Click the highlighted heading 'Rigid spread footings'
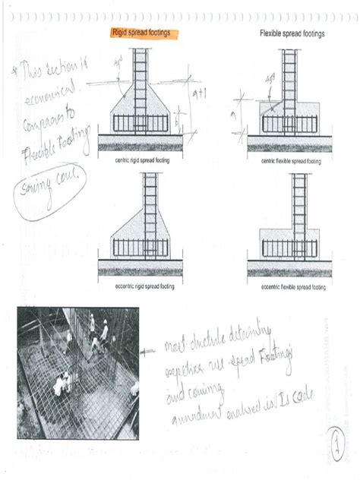pyautogui.click(x=141, y=34)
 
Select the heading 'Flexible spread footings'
pyautogui.click(x=291, y=34)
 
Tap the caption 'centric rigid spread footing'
pyautogui.click(x=141, y=161)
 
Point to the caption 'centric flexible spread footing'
pyautogui.click(x=291, y=161)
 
